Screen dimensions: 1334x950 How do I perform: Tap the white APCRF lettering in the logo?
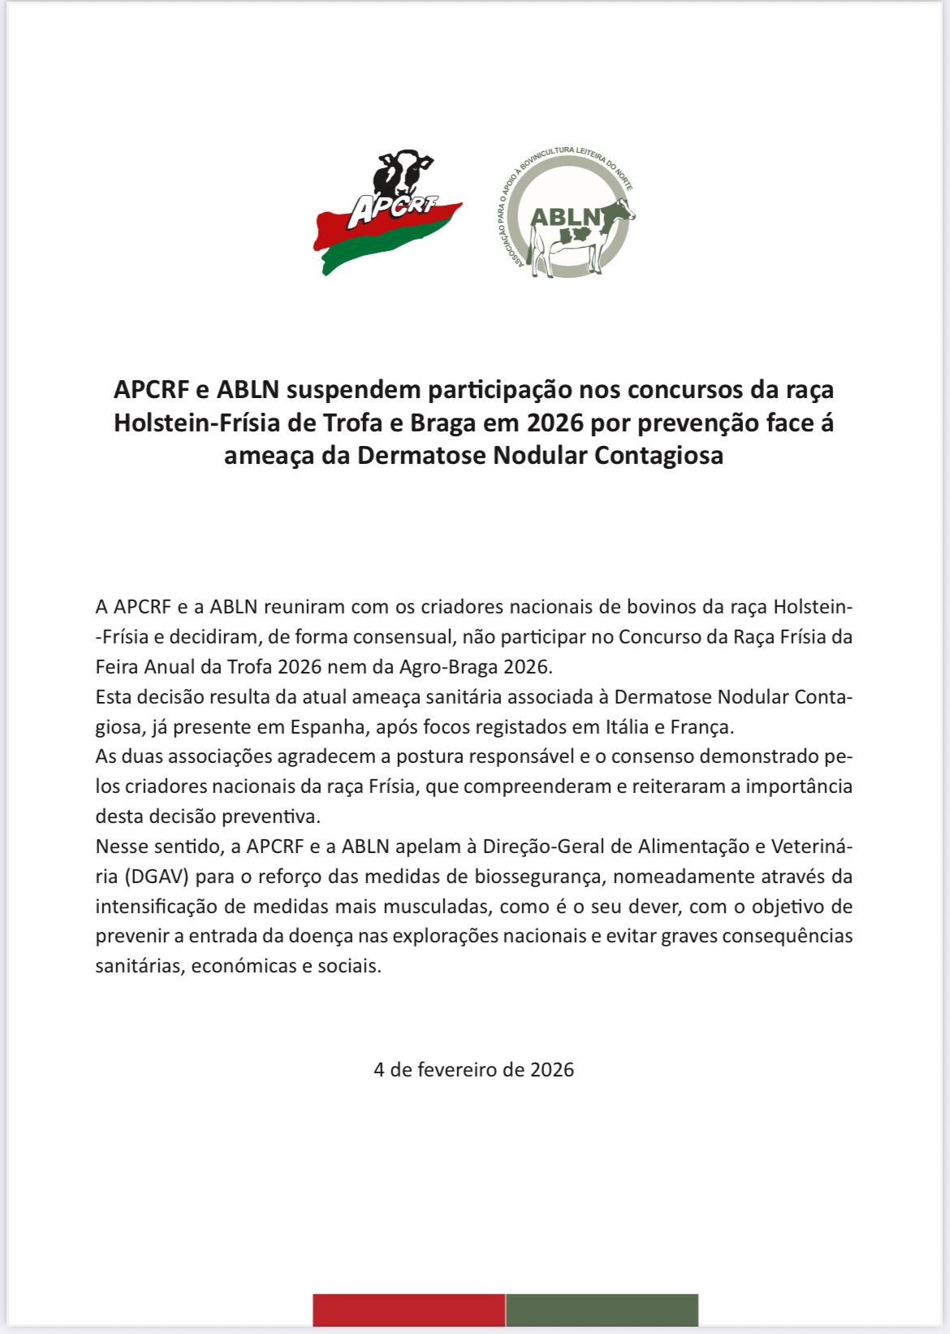(391, 209)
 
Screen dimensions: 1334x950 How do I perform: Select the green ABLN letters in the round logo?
(565, 217)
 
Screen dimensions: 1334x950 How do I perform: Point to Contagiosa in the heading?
(659, 455)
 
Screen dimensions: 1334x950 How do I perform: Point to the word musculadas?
(435, 907)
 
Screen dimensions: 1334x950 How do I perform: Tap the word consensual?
(391, 637)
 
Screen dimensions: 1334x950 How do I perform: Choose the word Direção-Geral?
(543, 847)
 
